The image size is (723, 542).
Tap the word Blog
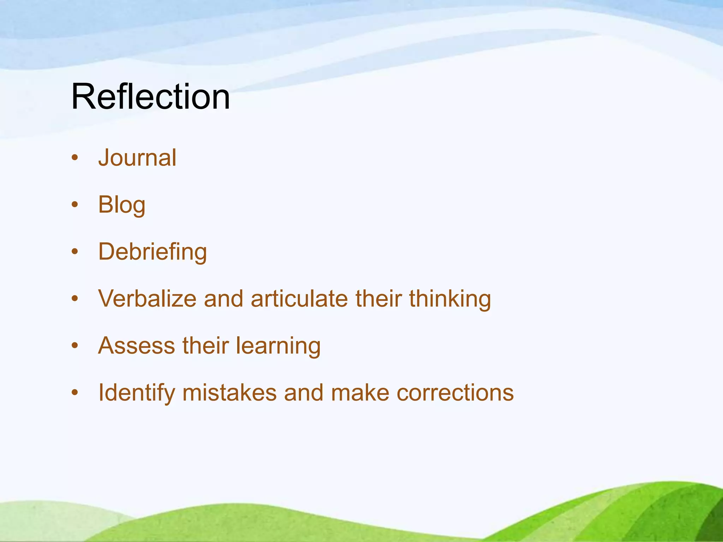tap(121, 205)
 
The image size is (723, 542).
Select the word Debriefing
tap(153, 252)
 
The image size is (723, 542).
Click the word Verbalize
tap(147, 299)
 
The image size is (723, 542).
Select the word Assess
tap(136, 345)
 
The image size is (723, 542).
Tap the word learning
tap(278, 346)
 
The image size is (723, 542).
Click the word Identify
tap(136, 393)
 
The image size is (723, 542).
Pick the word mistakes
tap(229, 392)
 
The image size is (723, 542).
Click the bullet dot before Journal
tap(74, 158)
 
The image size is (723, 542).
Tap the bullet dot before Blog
tap(74, 205)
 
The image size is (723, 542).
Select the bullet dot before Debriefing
tap(74, 252)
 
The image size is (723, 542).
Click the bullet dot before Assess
tap(74, 345)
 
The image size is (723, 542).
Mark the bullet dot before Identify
tap(74, 392)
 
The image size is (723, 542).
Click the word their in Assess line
tap(205, 345)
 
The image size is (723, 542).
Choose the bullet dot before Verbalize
tap(74, 299)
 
